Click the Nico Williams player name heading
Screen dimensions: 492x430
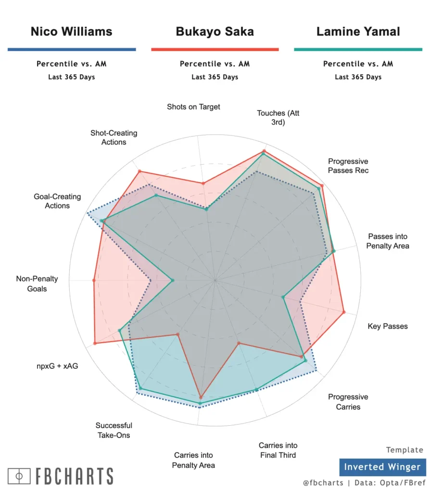[71, 32]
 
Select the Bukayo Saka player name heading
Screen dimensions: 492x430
[215, 32]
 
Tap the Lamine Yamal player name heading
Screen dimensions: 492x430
[358, 32]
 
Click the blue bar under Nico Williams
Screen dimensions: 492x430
[72, 49]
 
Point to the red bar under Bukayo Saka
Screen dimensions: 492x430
[215, 49]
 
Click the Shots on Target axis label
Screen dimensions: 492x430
[193, 107]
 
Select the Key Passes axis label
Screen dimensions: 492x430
[387, 326]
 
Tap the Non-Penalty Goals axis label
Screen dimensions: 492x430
[37, 283]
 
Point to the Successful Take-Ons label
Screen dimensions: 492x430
[114, 430]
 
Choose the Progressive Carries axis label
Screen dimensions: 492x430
[348, 402]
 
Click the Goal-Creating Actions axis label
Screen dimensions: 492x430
[57, 201]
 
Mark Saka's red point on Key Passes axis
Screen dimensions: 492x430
[343, 313]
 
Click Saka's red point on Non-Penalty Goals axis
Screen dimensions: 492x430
[94, 280]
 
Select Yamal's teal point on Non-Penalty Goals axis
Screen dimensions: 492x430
[172, 280]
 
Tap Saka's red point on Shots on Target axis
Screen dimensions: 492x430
[203, 183]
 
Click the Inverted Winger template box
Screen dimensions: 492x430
[382, 467]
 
